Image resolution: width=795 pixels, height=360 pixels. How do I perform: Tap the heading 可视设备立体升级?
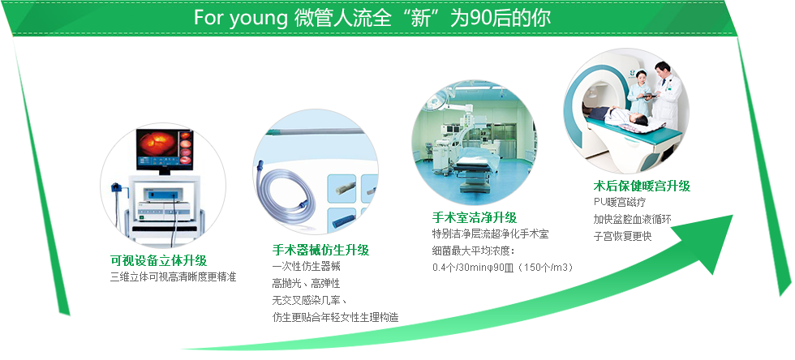tap(159, 260)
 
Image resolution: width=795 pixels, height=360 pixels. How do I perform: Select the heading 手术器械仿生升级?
tap(320, 250)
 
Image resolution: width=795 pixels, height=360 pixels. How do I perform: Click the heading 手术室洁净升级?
tap(474, 217)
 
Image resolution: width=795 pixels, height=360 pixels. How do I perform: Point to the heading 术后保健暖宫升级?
tap(642, 186)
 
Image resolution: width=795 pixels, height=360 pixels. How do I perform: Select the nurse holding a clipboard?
tap(640, 93)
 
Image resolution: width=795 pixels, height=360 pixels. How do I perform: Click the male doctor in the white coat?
tap(665, 95)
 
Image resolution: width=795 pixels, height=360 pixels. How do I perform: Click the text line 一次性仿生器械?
tap(307, 266)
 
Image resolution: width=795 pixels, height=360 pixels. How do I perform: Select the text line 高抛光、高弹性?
tap(307, 284)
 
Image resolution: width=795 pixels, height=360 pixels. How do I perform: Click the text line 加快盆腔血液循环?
tap(633, 219)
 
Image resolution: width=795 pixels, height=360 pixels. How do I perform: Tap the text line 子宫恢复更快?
tap(623, 236)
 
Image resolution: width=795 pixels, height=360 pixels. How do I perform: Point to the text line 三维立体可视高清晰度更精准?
tap(174, 277)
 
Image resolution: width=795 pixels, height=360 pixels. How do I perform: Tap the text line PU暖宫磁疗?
tap(620, 202)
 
